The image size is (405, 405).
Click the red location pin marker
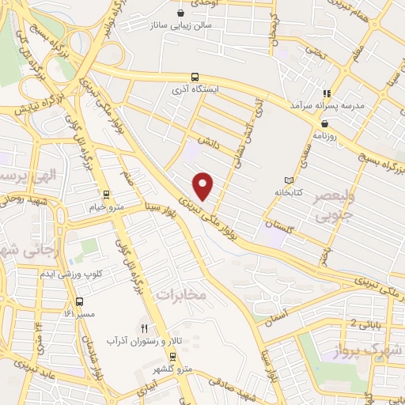(204, 186)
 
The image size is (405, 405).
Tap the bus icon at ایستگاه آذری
(195, 78)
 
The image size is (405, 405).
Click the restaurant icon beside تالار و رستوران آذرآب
(144, 327)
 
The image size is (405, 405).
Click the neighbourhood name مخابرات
(181, 293)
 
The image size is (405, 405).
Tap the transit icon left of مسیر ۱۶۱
(79, 301)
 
